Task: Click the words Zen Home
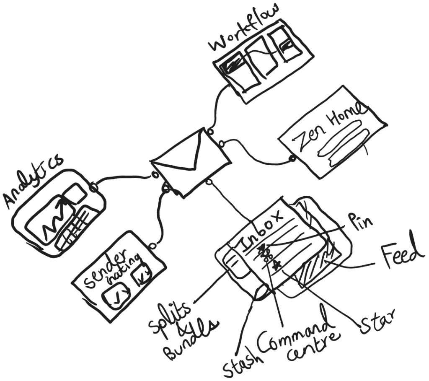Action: pyautogui.click(x=329, y=128)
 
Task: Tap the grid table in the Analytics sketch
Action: pyautogui.click(x=78, y=226)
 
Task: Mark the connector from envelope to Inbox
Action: pyautogui.click(x=230, y=201)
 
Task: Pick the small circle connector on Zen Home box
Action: pyautogui.click(x=292, y=158)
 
